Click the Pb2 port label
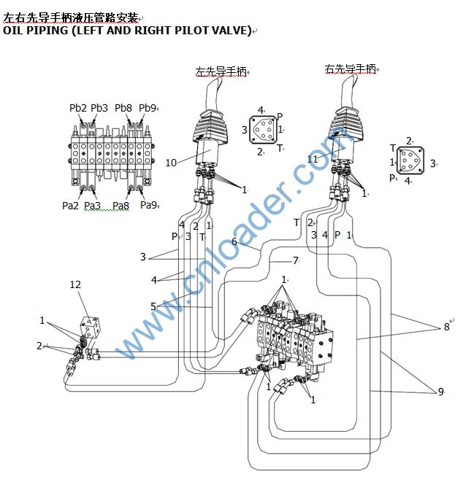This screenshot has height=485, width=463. [77, 108]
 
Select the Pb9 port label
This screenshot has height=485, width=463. [147, 108]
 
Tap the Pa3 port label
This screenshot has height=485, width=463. [92, 206]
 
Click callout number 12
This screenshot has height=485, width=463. [76, 284]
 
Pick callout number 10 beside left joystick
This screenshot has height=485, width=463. [171, 163]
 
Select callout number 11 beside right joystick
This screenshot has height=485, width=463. [313, 158]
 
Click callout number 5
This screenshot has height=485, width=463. [153, 306]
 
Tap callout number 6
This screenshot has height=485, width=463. [234, 241]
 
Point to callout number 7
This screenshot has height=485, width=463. [295, 260]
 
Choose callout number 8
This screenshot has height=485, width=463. [446, 327]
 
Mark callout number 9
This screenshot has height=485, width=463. [440, 392]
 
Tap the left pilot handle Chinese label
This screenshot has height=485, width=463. [221, 71]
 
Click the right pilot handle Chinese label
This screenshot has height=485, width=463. [351, 69]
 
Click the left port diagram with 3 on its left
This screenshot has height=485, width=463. [261, 131]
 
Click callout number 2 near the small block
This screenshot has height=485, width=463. [39, 346]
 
